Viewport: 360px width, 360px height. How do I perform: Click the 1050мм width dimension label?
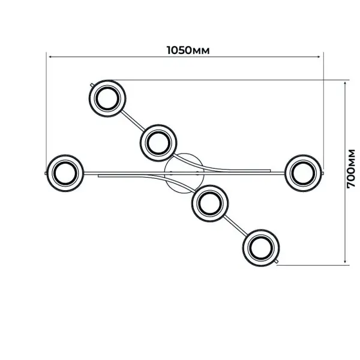pos(188,50)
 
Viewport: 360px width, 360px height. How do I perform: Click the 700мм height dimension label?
pos(350,169)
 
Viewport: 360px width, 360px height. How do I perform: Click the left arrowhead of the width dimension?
pos(49,56)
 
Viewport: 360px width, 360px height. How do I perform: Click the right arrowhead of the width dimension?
pos(319,56)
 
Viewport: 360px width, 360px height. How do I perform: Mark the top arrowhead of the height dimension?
pos(345,83)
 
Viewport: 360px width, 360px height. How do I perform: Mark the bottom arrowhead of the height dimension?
pos(345,262)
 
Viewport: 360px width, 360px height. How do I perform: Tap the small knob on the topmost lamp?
pos(92,85)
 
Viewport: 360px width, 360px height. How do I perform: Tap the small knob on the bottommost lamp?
pos(277,261)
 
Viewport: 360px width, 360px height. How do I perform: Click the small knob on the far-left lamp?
pos(46,173)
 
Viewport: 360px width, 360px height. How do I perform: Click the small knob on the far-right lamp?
pos(323,172)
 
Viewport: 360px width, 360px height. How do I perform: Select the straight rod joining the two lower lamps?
pos(236,226)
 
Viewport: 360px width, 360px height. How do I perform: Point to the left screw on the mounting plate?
pos(171,173)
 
